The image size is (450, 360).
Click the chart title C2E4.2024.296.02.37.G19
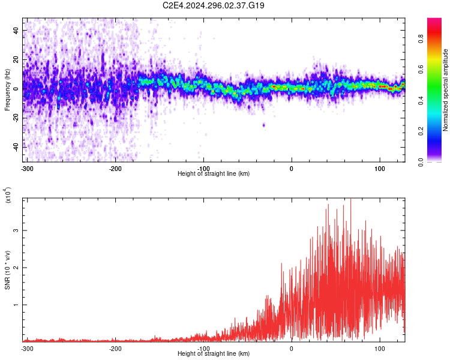pos(213,5)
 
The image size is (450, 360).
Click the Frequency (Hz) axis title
pos(7,90)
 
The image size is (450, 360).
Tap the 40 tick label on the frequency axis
pos(16,30)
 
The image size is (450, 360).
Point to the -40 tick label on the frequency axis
pos(16,148)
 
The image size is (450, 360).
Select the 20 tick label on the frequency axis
pos(16,59)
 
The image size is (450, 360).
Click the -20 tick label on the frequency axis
pos(16,118)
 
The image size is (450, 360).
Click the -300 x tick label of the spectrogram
pos(27,169)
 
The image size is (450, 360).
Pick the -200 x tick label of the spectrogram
pos(115,169)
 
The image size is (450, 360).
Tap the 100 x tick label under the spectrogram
pos(380,169)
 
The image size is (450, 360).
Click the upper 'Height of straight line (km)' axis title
pos(214,173)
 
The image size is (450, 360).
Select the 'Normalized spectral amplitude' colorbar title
pos(445,90)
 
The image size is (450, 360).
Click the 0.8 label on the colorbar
pos(421,38)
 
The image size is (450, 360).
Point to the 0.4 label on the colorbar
pos(421,100)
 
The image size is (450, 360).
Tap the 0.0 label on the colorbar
pos(421,163)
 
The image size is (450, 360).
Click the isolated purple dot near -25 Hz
pos(264,125)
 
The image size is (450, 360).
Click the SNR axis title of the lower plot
pos(7,270)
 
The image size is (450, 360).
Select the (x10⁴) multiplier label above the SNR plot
pos(8,195)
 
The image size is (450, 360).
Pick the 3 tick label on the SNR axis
pos(16,230)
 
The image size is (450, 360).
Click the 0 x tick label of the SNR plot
pos(292,349)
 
